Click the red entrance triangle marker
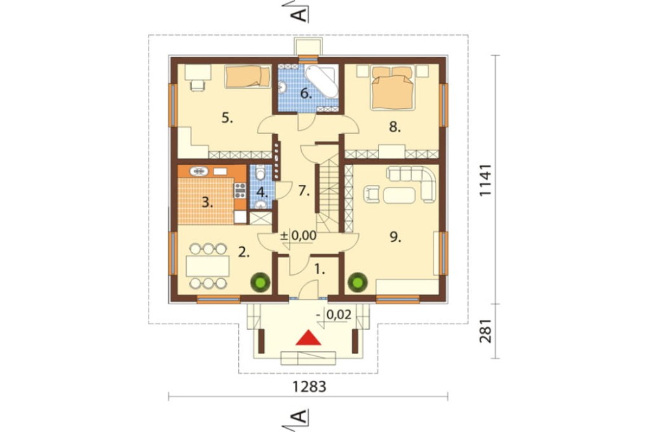309,338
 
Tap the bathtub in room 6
321,80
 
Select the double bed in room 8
393,88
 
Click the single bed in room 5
247,77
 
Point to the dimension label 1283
309,387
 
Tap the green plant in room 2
260,282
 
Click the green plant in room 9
357,282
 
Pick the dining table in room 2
208,266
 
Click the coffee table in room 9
399,195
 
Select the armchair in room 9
372,194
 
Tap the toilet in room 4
260,173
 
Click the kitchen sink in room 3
200,171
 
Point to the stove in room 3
240,190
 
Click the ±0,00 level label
299,236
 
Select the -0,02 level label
334,315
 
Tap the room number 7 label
304,191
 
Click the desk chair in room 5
198,86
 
